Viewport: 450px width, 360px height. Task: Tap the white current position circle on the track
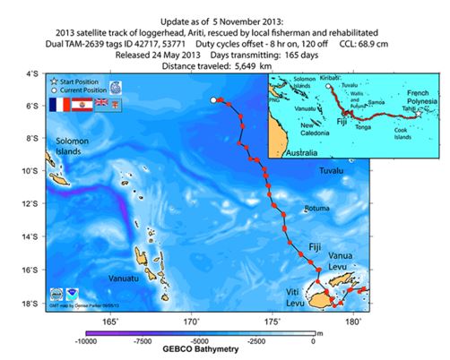213,100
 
